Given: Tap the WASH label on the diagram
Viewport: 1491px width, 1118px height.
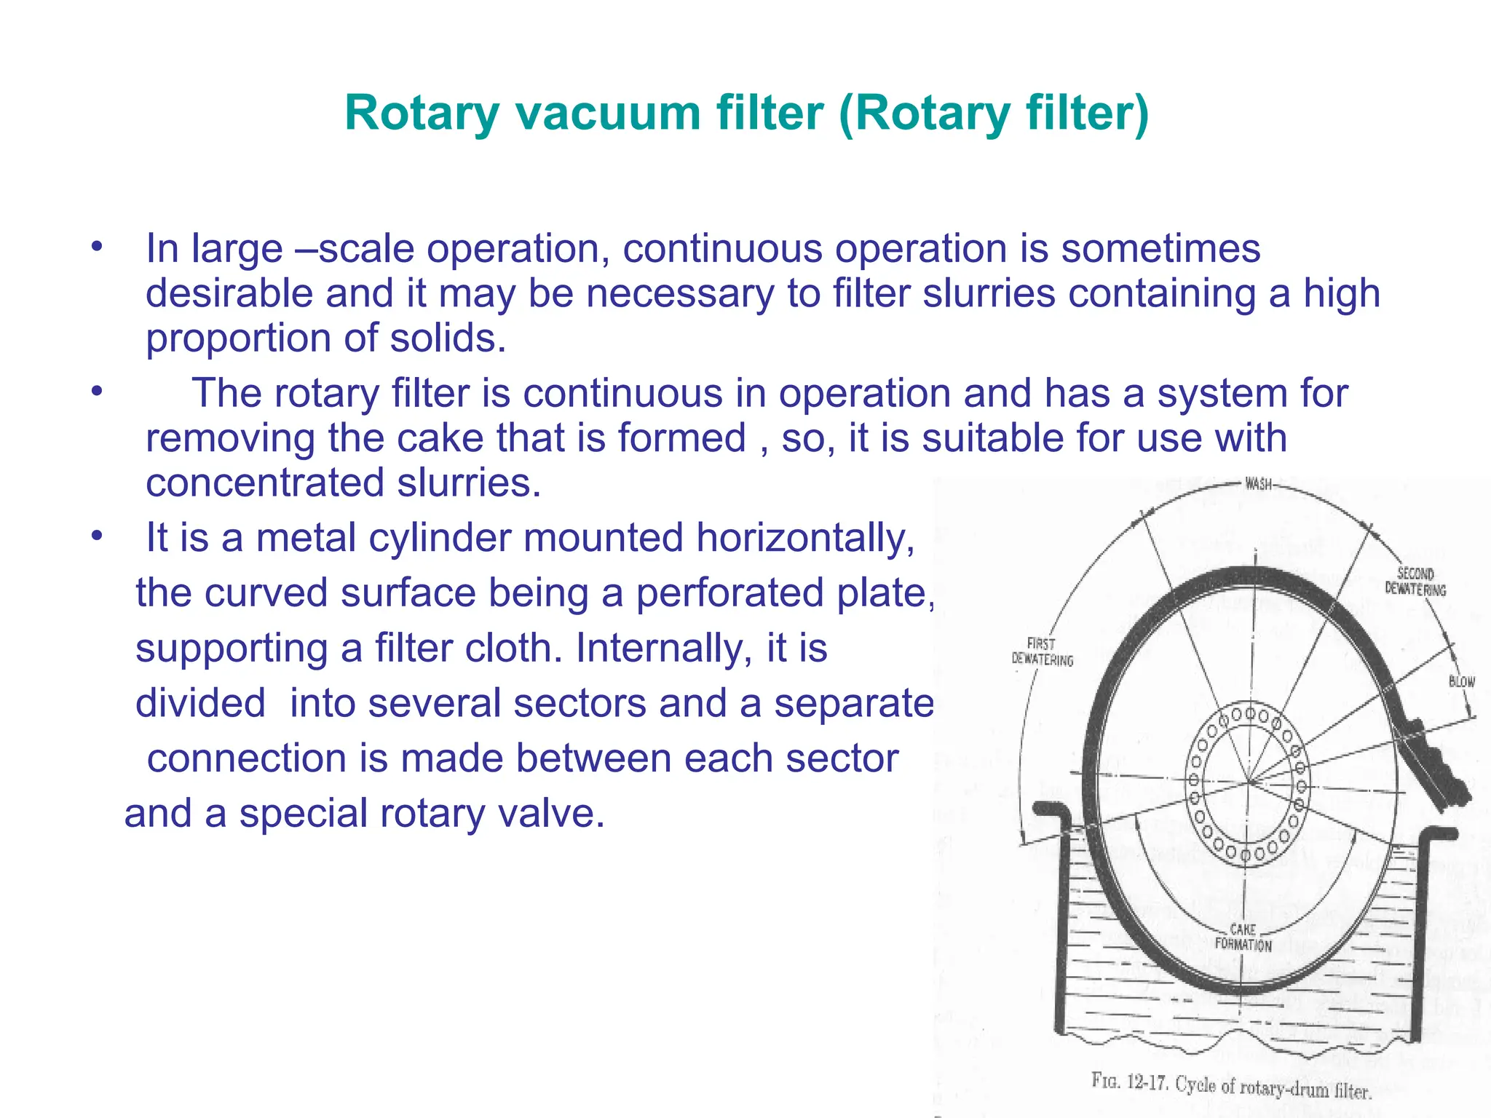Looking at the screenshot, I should [x=1258, y=484].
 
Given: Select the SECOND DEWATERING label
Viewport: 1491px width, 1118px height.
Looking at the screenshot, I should [x=1415, y=582].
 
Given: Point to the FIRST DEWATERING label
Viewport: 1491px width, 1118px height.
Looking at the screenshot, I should [x=1042, y=652].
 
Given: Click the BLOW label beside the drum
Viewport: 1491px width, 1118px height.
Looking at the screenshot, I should [x=1461, y=682].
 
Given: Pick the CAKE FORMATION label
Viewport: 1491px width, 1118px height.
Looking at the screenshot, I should [x=1243, y=937].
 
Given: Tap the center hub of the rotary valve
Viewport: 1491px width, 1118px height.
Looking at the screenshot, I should [x=1248, y=783].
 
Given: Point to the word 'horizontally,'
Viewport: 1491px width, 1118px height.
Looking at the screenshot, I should [x=805, y=538].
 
